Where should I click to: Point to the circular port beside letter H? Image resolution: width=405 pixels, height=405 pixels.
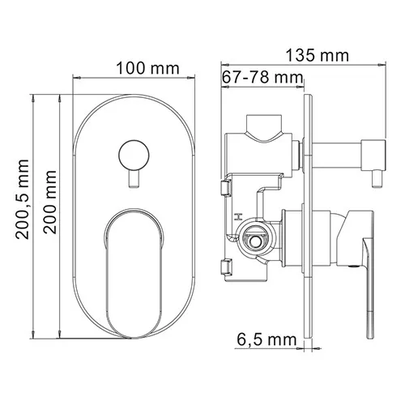coord(253,237)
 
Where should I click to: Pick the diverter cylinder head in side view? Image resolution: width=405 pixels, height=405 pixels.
coord(373,152)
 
